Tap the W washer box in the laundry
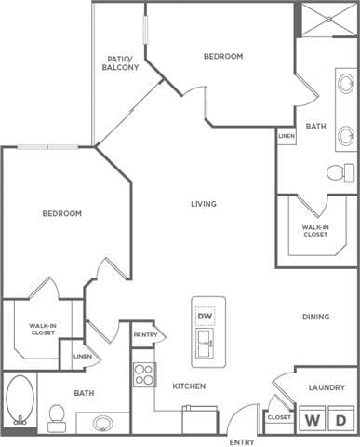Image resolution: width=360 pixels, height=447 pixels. click(x=313, y=420)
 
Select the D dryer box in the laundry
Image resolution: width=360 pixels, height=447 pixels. click(x=342, y=420)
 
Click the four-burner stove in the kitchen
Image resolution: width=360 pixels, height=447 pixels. click(x=143, y=374)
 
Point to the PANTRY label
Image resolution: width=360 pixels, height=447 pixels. click(x=144, y=335)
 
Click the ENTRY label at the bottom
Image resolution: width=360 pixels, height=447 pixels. click(x=242, y=441)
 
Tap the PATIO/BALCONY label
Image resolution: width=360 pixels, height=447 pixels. click(x=122, y=63)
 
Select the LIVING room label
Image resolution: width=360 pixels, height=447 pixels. click(x=204, y=204)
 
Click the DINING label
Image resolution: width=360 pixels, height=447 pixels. click(x=315, y=318)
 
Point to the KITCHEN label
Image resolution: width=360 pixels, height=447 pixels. click(x=188, y=386)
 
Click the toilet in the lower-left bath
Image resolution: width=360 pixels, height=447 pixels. click(x=56, y=415)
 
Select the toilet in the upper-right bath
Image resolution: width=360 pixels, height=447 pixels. click(x=340, y=172)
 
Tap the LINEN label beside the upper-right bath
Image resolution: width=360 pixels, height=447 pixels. click(x=287, y=138)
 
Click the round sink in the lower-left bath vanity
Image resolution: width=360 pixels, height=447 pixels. click(x=103, y=424)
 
